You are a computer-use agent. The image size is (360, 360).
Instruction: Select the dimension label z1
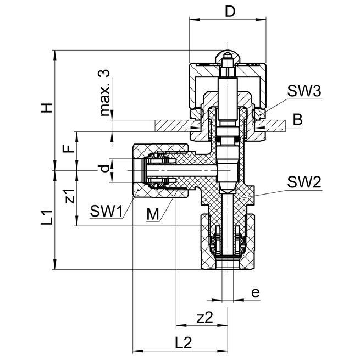(x=68, y=196)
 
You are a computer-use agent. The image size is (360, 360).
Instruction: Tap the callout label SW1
(x=106, y=211)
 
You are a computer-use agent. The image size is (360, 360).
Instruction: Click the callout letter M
(x=153, y=214)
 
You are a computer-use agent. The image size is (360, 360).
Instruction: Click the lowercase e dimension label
(x=254, y=292)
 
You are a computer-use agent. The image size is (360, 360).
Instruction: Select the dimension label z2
(x=204, y=317)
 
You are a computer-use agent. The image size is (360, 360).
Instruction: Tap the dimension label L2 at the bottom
(x=182, y=342)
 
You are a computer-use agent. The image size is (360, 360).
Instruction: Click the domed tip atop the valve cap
(x=227, y=56)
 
